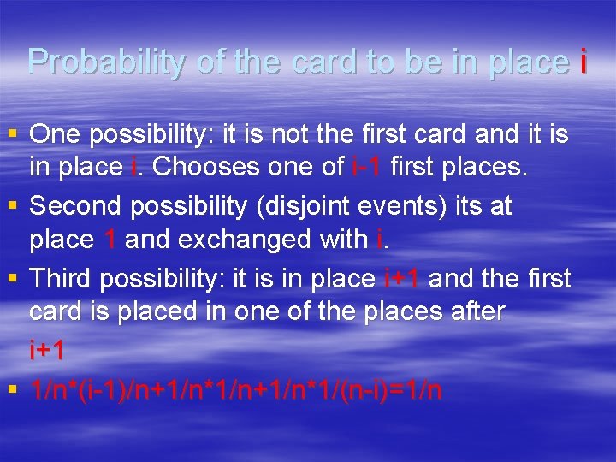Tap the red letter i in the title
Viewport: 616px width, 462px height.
583,62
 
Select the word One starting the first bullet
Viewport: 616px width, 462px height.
56,134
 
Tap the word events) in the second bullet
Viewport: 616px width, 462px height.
410,207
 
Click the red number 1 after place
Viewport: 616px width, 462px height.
109,240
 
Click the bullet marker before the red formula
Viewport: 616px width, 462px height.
12,390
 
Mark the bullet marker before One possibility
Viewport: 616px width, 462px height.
12,134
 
